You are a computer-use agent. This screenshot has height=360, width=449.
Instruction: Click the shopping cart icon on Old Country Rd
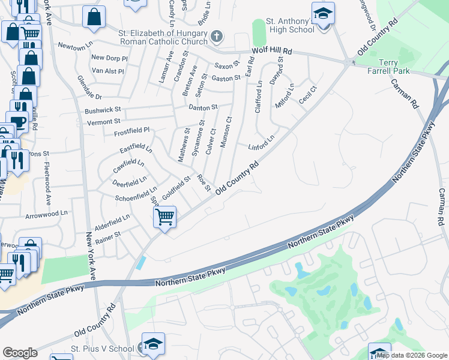164,215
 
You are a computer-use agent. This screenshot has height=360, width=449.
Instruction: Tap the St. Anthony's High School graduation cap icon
323,13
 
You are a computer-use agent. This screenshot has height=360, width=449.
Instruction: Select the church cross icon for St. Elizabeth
216,37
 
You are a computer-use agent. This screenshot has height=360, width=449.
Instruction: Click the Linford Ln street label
261,143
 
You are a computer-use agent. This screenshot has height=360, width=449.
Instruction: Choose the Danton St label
203,107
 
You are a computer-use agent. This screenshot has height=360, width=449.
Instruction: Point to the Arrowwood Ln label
47,213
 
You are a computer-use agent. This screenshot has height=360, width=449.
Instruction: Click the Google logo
20,352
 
